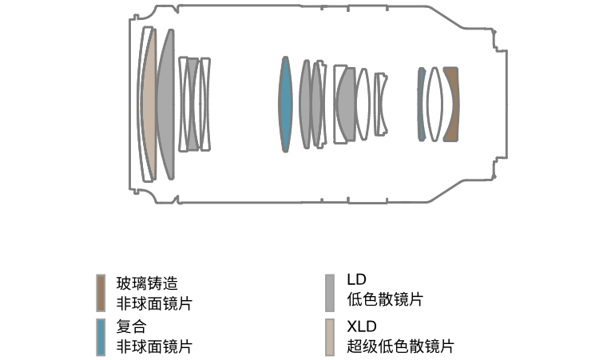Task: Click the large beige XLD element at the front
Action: click(x=149, y=104)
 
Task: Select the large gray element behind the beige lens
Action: click(x=166, y=104)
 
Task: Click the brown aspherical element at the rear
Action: click(x=452, y=104)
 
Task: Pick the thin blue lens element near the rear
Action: click(x=421, y=104)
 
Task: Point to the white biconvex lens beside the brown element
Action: click(x=434, y=104)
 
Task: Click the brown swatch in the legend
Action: click(x=101, y=293)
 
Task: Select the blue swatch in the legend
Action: click(x=101, y=337)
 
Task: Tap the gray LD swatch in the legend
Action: click(x=330, y=293)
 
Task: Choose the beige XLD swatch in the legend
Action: click(x=330, y=337)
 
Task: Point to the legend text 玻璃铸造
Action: click(x=147, y=283)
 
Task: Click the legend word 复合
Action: click(x=132, y=327)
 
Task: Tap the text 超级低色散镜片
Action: click(x=400, y=346)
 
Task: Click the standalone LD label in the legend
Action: click(x=356, y=280)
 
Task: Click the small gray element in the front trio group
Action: click(x=192, y=104)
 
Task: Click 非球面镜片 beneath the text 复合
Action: click(x=154, y=346)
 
